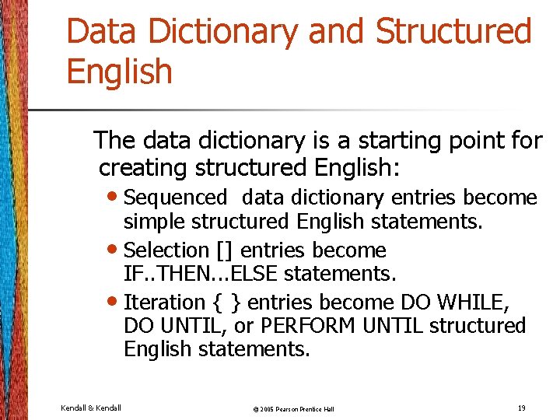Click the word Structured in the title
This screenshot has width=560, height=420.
tap(453, 32)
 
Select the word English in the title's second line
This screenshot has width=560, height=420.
tap(120, 72)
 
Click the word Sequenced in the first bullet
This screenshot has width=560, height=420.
tap(175, 198)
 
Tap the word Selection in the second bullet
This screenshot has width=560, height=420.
tap(166, 250)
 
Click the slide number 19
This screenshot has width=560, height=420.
tap(520, 407)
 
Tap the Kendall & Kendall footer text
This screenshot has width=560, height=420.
tap(90, 408)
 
